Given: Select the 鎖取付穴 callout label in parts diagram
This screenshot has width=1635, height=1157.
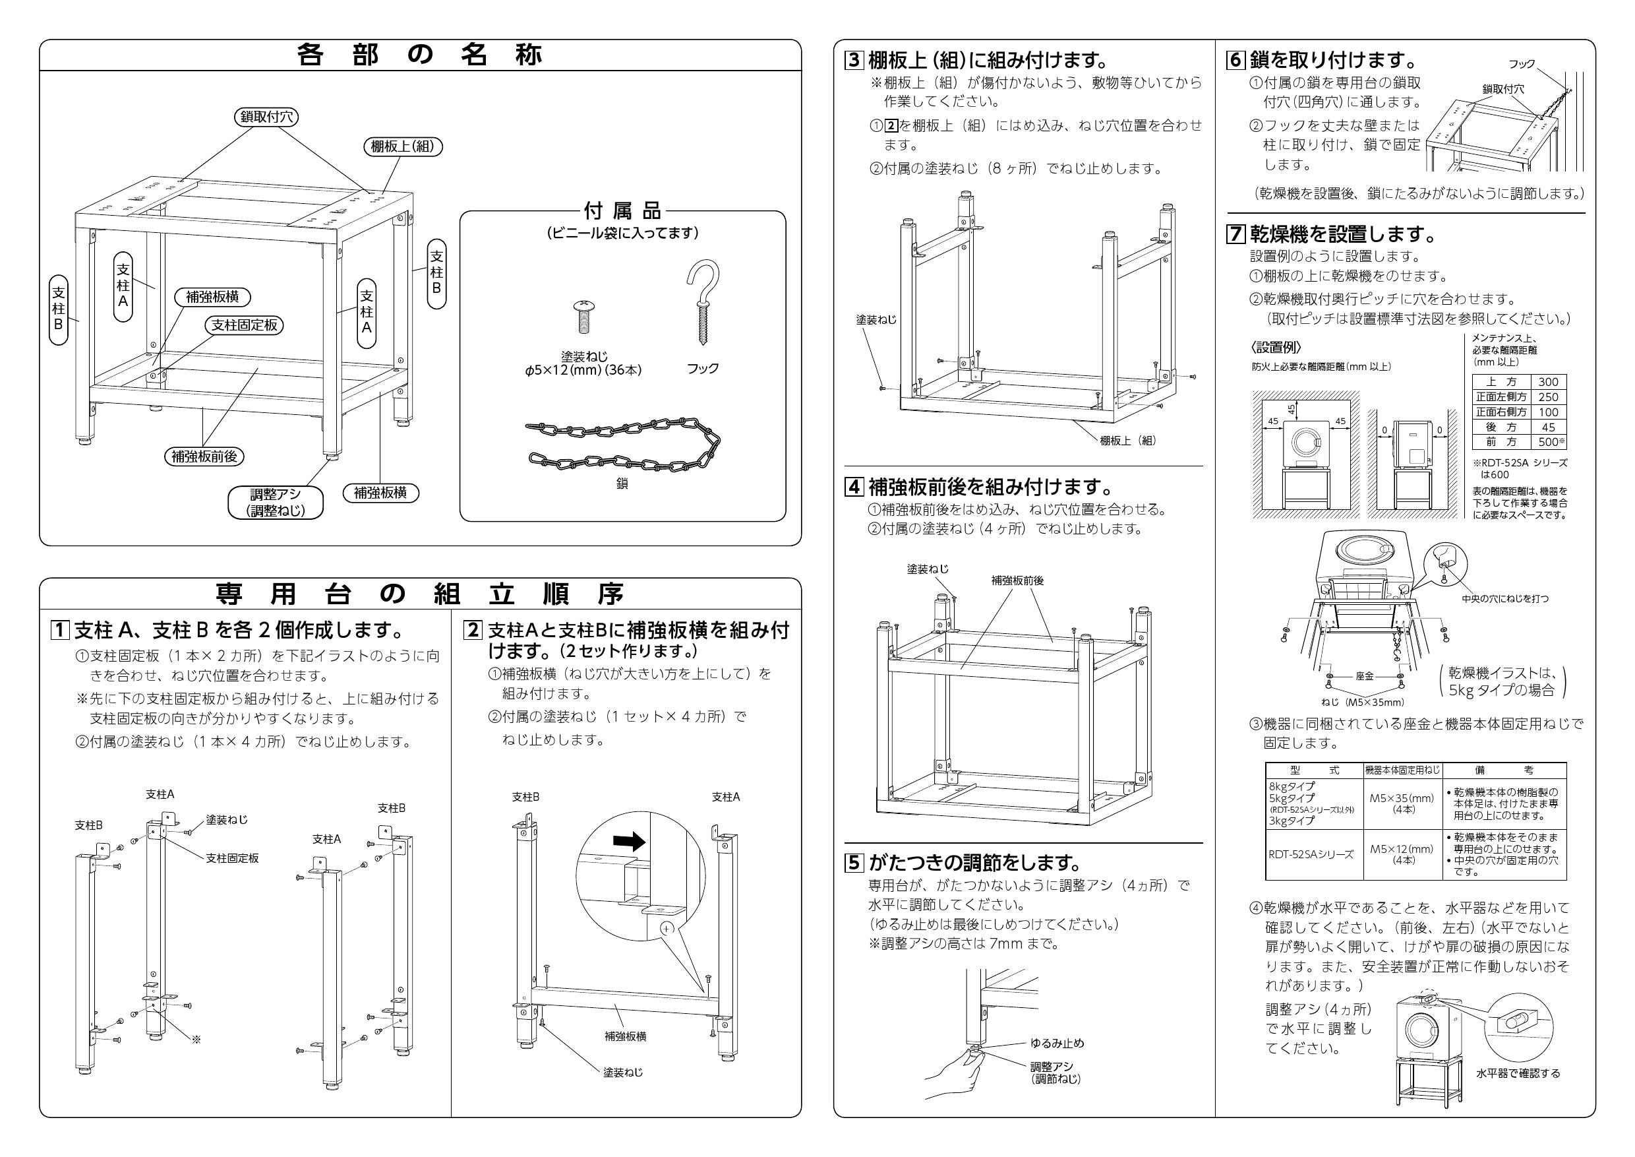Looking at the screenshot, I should [x=266, y=117].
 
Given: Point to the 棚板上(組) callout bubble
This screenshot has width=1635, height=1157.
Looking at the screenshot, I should [x=403, y=146].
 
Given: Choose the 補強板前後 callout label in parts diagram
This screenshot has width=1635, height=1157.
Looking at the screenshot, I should [x=204, y=456].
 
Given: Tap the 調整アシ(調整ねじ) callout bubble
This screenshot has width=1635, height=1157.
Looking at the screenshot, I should [x=275, y=502].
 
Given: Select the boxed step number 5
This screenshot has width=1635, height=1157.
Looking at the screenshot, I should [x=854, y=863].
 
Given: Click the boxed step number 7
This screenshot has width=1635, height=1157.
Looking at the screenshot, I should [x=1235, y=234].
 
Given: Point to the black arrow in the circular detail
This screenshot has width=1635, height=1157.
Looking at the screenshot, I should [x=629, y=843].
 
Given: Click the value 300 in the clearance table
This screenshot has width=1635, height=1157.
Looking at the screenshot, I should [x=1548, y=382].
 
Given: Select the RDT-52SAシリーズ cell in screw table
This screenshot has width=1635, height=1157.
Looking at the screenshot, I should [x=1311, y=854].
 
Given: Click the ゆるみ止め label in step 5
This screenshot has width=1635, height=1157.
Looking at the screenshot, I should [x=1057, y=1043].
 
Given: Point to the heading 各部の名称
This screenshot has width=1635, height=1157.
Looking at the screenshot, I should [x=420, y=55].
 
